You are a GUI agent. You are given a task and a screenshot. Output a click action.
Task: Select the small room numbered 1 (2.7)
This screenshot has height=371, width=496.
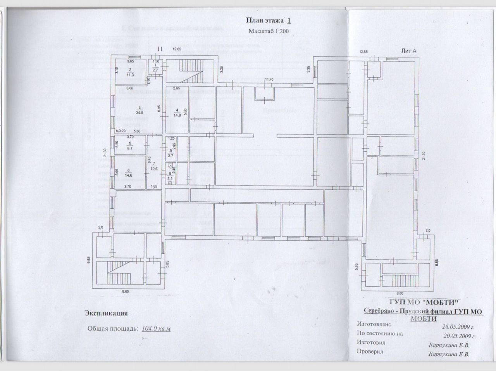155,68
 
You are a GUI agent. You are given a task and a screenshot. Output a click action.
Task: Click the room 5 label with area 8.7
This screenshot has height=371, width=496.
130,146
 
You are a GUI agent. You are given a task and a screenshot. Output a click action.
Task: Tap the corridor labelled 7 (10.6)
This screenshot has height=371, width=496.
154,165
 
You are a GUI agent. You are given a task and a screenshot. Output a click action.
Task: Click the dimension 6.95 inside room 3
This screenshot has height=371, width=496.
159,109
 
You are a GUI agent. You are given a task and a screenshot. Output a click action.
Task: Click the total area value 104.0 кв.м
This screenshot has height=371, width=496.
156,328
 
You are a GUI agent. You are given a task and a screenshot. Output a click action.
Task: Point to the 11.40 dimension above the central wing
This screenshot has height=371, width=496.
269,80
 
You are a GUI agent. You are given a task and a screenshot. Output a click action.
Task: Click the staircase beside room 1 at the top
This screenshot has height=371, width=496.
189,71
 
